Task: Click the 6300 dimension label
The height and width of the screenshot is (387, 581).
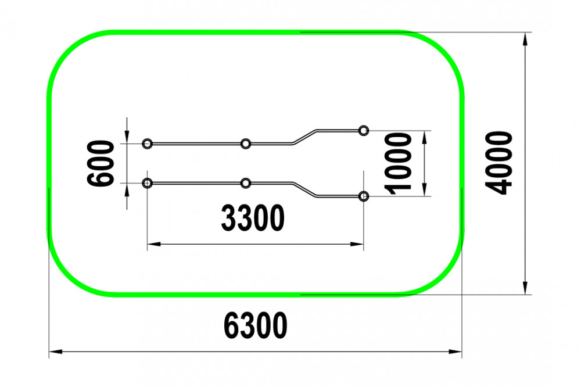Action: coord(255,325)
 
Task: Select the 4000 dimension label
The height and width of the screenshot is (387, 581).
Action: coord(498,163)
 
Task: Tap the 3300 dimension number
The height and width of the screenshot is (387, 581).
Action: coord(253,218)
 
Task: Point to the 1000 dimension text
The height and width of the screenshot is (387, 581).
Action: coord(399,163)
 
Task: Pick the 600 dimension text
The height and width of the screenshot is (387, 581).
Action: coord(100,163)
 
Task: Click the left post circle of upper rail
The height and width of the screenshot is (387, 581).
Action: coord(147,144)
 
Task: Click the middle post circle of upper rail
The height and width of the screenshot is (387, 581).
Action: coord(245,144)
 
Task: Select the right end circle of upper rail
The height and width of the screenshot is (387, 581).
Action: coord(364,131)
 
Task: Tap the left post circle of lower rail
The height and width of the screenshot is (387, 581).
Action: coord(147,183)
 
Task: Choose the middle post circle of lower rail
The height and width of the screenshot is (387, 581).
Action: coord(245,183)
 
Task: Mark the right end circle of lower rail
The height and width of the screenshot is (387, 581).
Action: coord(364,196)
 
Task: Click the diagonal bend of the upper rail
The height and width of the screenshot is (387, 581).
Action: coord(305,137)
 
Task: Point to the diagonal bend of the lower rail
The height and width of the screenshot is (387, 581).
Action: coord(305,190)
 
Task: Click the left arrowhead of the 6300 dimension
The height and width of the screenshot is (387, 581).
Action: coord(56,352)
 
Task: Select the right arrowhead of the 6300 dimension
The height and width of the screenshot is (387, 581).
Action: coord(456,352)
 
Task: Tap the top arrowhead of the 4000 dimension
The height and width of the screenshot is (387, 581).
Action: coord(525,40)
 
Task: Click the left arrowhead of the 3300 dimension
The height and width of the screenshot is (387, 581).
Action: coord(154,244)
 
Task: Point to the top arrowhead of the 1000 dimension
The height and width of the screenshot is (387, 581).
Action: coord(425,137)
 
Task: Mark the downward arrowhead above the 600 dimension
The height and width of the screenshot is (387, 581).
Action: coord(127,137)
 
